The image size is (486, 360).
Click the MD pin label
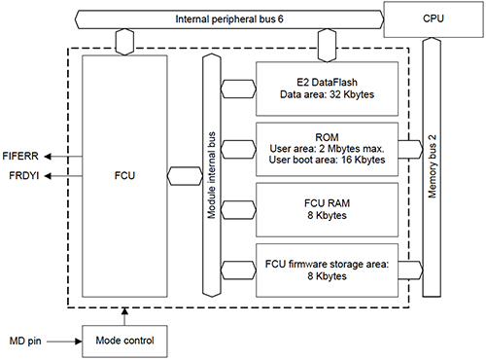click(24, 341)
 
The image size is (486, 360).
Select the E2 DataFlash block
click(326, 88)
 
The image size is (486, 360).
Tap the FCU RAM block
click(326, 208)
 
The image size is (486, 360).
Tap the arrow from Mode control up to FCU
click(124, 315)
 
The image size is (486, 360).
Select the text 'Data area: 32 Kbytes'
click(326, 94)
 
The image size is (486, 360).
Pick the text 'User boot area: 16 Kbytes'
click(326, 159)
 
